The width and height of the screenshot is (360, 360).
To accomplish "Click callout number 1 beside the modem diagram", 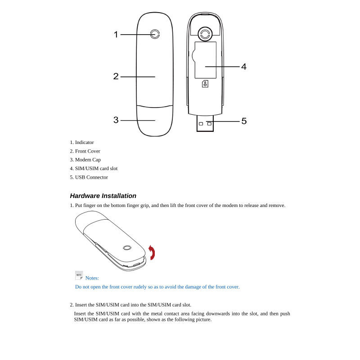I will (x=116, y=34).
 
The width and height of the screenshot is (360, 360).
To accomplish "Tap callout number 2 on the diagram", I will (x=116, y=76).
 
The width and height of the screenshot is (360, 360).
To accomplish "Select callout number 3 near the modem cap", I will (x=116, y=120).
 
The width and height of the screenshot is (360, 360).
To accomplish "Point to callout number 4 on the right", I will (x=244, y=67).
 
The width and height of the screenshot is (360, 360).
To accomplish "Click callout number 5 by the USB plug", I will (x=244, y=121).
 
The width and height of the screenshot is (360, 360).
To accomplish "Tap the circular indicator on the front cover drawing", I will (x=155, y=34).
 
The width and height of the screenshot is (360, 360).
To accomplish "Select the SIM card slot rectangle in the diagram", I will (x=205, y=60).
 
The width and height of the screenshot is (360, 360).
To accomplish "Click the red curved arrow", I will (x=152, y=253).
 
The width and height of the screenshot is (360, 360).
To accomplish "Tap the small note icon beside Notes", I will (x=79, y=275).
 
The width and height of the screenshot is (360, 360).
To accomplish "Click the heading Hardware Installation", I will (x=103, y=196).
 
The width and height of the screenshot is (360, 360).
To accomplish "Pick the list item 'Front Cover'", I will (x=87, y=151).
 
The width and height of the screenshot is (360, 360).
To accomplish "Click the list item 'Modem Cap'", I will (x=88, y=160).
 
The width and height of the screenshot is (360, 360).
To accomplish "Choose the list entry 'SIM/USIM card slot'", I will (x=96, y=168).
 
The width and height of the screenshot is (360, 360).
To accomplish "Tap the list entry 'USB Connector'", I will (x=91, y=177).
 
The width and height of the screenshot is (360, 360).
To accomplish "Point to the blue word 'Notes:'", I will (x=92, y=278).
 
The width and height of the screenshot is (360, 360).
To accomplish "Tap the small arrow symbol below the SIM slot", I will (x=205, y=84).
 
